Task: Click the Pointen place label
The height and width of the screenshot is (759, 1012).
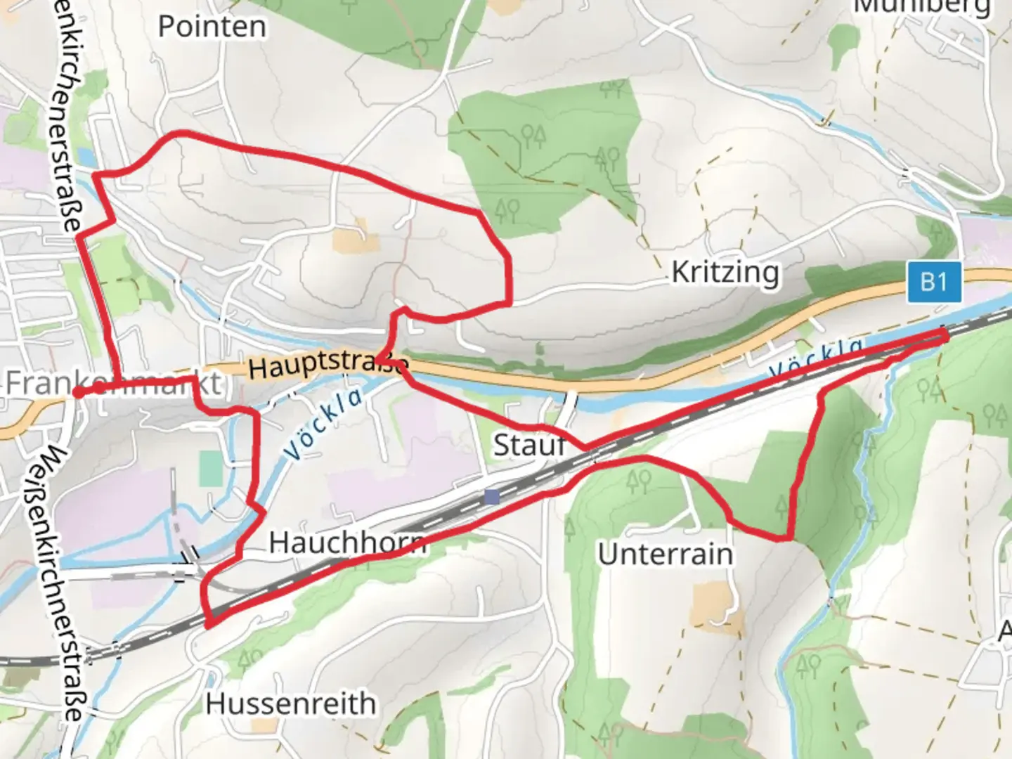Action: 212,27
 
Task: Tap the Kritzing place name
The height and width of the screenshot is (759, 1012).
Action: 725,272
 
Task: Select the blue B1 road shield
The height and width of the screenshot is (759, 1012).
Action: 933,282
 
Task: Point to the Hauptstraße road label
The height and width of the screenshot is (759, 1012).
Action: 327,363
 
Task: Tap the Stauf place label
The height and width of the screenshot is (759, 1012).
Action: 529,445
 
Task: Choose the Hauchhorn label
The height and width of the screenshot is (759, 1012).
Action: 347,542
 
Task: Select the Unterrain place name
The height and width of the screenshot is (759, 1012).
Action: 665,554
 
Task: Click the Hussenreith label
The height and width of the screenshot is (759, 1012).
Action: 290,703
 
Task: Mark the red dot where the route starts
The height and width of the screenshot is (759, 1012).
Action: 77,392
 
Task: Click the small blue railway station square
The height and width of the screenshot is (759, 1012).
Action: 491,497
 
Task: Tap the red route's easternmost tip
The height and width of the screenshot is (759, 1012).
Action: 945,336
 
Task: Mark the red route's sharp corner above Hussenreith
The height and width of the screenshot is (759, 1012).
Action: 209,623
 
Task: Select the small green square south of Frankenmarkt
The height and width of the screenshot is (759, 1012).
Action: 209,469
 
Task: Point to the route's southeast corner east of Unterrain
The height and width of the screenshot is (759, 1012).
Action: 790,538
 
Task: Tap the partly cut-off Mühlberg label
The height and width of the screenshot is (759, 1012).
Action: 921,7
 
